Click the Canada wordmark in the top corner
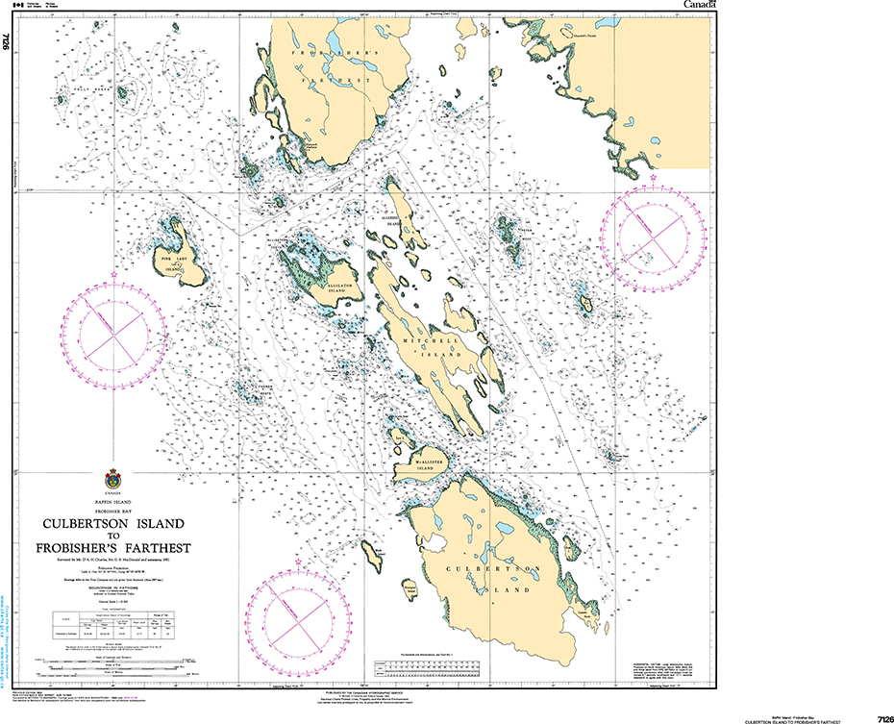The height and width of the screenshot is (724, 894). pos(699,6)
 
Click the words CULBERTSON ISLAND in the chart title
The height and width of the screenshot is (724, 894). pos(112,524)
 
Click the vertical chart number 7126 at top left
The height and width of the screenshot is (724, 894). pos(8,41)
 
